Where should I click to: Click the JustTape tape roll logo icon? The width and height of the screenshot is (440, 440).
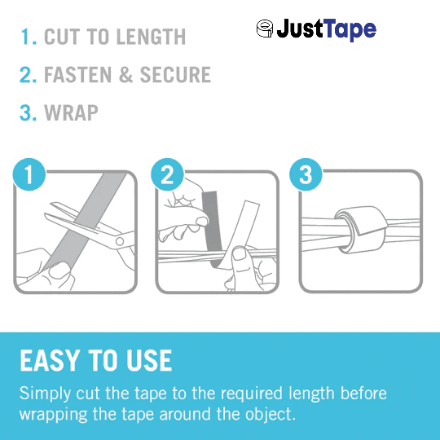(265, 30)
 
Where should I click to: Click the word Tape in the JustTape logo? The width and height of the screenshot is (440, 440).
(350, 31)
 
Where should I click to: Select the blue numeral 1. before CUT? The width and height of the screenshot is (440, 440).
(29, 37)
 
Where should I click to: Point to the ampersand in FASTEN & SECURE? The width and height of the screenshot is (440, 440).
(127, 75)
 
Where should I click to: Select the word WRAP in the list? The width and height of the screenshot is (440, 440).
(72, 112)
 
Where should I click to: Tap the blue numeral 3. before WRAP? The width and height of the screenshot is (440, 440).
(29, 112)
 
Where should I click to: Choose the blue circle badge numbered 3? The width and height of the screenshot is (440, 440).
(306, 174)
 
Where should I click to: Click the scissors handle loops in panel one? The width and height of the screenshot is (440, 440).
(117, 238)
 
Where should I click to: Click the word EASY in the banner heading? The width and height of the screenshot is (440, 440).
(50, 361)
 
